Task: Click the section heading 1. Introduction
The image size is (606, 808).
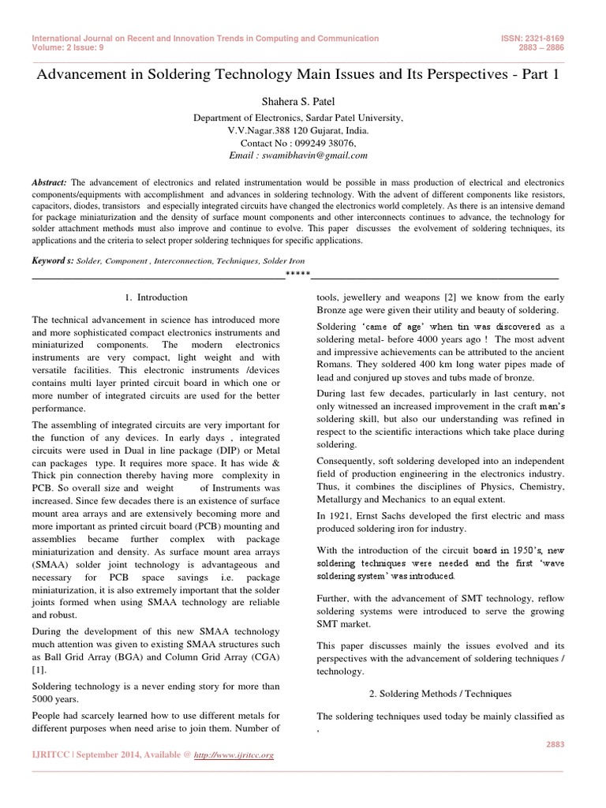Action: [156, 297]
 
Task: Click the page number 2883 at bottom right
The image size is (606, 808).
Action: [556, 743]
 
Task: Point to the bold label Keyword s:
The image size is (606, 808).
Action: [52, 260]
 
